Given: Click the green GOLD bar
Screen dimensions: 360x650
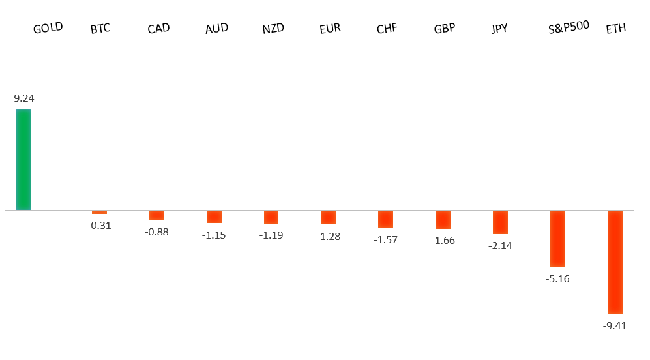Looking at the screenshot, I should [23, 160].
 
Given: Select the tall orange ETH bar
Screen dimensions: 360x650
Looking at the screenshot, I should [615, 262].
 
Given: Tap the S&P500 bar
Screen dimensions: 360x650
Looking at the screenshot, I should [557, 239].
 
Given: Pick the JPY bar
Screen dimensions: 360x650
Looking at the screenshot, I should [500, 222].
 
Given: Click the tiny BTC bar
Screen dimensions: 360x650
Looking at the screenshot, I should [99, 213].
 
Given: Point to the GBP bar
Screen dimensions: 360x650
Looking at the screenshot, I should [443, 220].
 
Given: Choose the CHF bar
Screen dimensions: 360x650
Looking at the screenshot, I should [385, 219].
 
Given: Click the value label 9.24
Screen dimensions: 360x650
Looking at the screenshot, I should [23, 98].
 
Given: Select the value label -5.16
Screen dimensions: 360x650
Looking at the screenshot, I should [557, 278].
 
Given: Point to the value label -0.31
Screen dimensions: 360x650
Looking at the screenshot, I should [100, 226].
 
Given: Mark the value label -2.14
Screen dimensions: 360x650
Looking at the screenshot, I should [500, 246].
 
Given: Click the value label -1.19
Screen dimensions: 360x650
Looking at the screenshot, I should [271, 235].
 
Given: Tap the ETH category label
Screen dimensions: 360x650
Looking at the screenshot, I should [616, 29].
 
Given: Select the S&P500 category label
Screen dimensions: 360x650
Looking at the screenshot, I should [569, 27].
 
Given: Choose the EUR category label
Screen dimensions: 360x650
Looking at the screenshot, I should [330, 29].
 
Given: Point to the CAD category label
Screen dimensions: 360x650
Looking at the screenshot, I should [159, 29].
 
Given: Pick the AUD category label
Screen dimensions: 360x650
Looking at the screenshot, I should [216, 29].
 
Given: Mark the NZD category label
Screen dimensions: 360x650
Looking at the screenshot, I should [273, 29].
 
